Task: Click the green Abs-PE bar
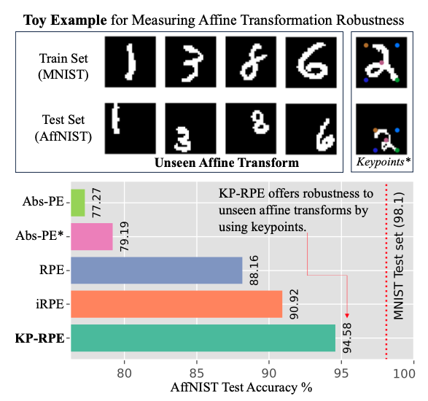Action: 78,203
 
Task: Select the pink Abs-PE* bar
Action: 92,237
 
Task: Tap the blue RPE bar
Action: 157,270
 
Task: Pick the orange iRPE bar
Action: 176,304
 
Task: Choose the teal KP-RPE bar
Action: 203,338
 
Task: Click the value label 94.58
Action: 347,338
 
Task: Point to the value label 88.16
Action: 254,270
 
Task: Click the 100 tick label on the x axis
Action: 404,373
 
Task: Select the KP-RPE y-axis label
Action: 40,338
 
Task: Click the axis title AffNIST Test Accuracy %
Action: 241,387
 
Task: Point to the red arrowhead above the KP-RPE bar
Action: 347,316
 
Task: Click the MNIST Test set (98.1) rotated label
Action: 399,255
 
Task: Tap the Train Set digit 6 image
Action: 311,62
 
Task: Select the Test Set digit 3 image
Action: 190,128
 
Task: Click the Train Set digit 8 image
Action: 251,62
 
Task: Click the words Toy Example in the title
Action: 65,20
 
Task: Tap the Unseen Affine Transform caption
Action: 227,163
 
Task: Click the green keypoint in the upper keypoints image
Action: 397,80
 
